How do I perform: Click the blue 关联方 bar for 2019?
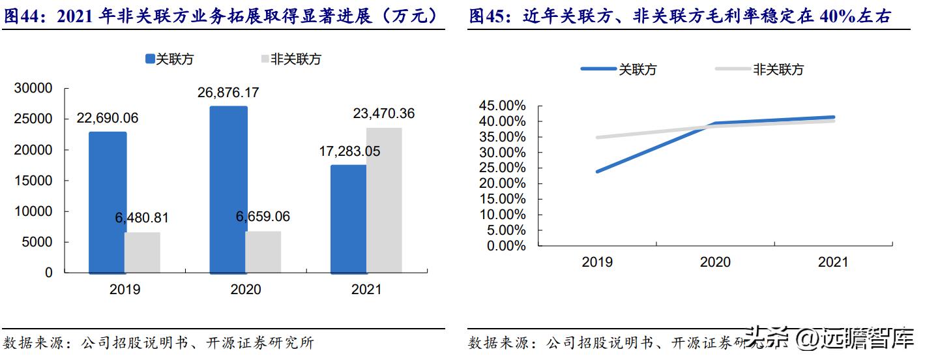[108, 202]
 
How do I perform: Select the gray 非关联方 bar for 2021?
[384, 200]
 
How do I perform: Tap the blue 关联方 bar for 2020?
[228, 189]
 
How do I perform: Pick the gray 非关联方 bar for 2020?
[263, 252]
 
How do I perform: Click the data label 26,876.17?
[228, 93]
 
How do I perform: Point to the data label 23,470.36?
[384, 114]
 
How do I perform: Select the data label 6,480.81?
[142, 218]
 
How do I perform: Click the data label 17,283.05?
[350, 151]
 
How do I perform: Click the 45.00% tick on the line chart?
[502, 106]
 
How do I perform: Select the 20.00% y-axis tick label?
[502, 183]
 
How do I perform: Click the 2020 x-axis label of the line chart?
[715, 262]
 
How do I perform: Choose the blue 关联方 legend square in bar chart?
[149, 59]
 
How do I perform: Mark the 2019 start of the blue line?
[597, 172]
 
